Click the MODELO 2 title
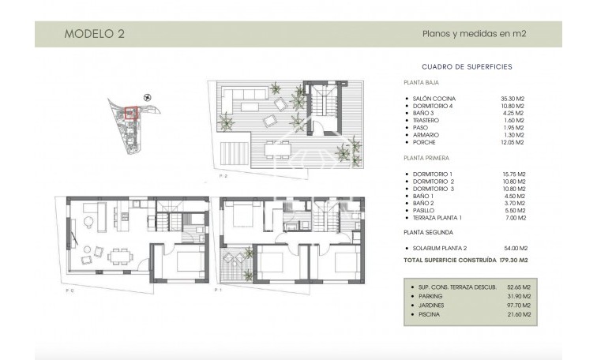coord(93,34)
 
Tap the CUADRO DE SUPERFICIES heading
coord(467,67)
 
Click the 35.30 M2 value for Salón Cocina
coord(513,99)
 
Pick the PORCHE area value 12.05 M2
coord(513,141)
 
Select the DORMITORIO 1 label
coord(431,173)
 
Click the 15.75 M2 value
coord(513,173)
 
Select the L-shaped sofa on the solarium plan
coord(242,100)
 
